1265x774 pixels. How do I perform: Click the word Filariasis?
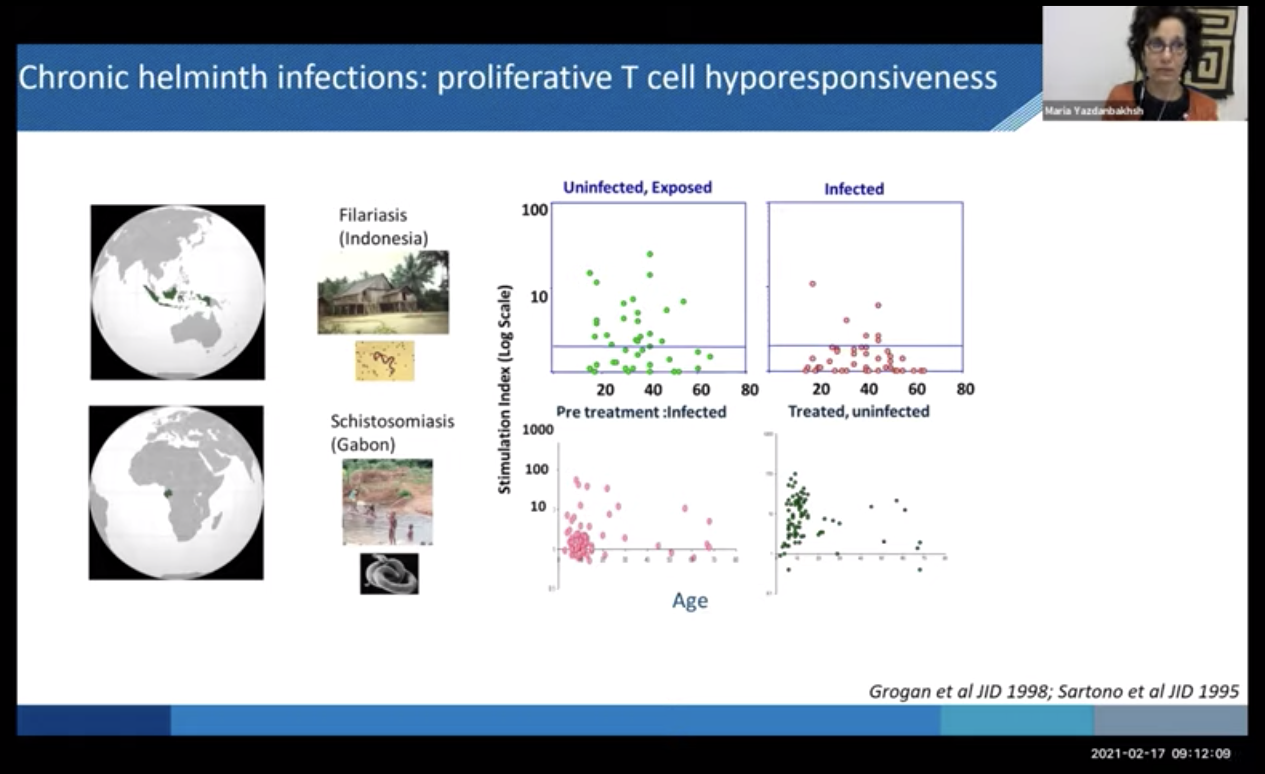373,215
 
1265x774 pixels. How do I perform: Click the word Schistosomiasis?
392,421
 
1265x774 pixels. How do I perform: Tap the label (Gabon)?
363,444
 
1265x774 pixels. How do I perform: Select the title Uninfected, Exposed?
637,188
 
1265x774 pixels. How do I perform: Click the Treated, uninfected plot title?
859,412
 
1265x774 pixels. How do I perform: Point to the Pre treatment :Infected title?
641,412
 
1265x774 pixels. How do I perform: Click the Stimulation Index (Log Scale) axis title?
505,389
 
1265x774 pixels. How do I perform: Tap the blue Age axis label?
690,601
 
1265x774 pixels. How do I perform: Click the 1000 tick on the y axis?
538,430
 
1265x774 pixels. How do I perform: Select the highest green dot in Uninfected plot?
650,254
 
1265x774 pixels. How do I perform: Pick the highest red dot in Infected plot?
812,284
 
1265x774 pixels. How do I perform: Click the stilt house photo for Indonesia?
383,292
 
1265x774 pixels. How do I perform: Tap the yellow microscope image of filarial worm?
385,361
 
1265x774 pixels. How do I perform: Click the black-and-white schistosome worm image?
389,574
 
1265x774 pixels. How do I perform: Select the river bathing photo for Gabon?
387,501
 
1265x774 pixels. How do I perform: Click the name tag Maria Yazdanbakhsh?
1094,111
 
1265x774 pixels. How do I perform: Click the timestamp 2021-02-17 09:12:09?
1160,754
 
